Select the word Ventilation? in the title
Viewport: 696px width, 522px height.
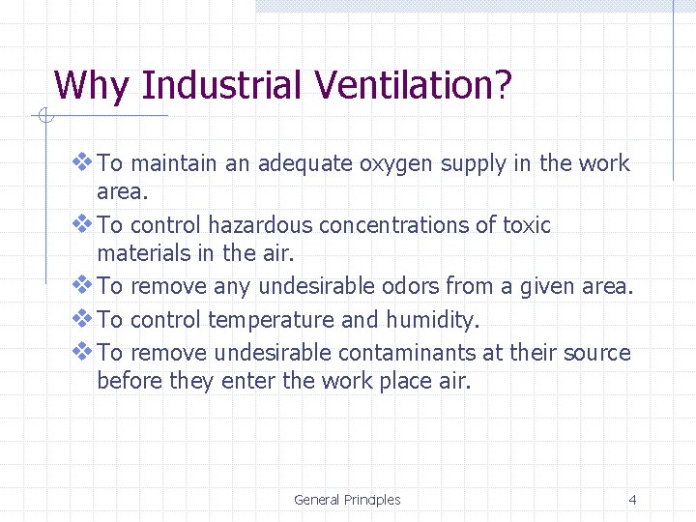pyautogui.click(x=411, y=86)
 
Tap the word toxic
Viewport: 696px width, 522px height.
pyautogui.click(x=526, y=226)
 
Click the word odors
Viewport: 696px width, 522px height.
pyautogui.click(x=413, y=287)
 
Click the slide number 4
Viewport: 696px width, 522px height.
pyautogui.click(x=632, y=500)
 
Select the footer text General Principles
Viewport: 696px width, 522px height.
pyautogui.click(x=347, y=500)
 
